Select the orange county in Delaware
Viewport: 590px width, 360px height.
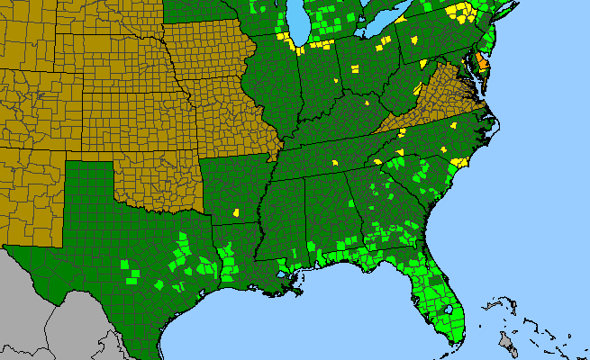(483, 62)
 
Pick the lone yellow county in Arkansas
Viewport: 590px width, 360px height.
(236, 214)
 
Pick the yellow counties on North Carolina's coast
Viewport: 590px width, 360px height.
(458, 163)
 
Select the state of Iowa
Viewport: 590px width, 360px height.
(203, 54)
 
